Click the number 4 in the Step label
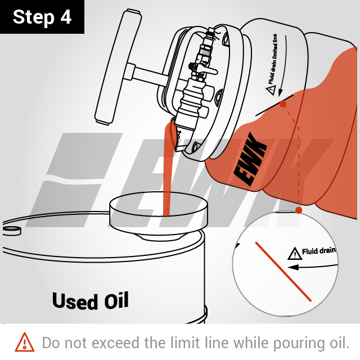point(66,17)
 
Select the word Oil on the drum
point(116,300)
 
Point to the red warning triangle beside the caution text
point(25,343)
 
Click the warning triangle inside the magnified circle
point(295,254)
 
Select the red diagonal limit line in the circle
point(283,271)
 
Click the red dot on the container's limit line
point(283,104)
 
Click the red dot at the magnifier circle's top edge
point(299,210)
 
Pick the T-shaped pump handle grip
point(118,67)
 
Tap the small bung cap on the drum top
point(11,231)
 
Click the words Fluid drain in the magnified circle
point(319,251)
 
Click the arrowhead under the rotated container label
point(280,92)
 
